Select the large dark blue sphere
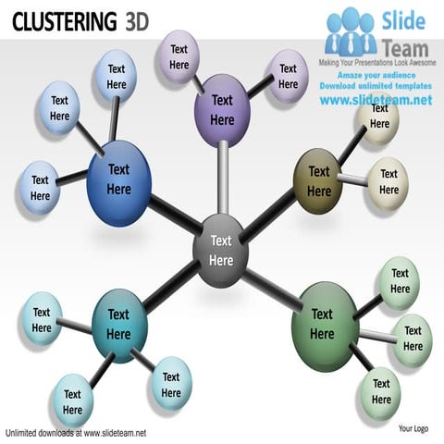pos(118,179)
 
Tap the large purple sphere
pos(222,109)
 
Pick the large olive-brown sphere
pos(318,180)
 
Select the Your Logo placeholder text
pos(413,428)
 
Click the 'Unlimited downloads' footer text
pos(76,432)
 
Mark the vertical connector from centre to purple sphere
pos(222,180)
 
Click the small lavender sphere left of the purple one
pos(179,56)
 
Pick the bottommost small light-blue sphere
pos(72,401)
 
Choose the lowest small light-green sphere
pos(381,391)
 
